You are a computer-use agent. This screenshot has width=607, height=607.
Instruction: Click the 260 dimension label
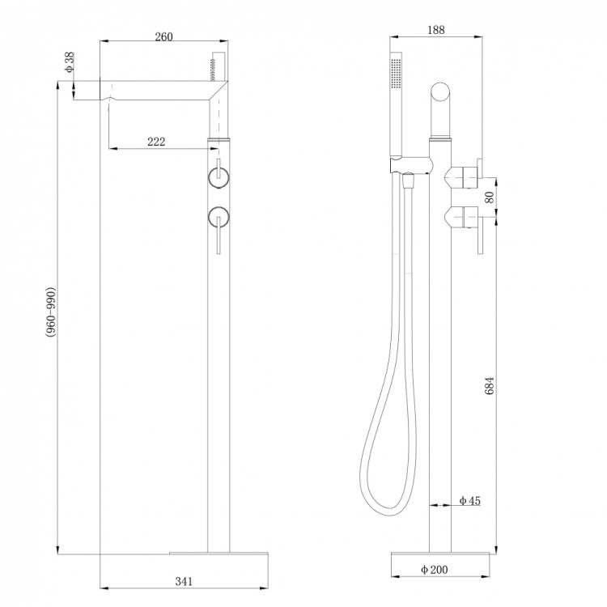[163, 36]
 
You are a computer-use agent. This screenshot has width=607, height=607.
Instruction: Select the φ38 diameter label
[70, 62]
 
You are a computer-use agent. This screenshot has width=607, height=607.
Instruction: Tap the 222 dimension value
[156, 142]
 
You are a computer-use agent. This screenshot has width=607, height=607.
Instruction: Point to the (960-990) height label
[51, 312]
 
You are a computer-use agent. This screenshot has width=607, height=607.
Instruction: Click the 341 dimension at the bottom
[184, 581]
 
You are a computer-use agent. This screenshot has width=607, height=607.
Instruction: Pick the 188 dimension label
[436, 30]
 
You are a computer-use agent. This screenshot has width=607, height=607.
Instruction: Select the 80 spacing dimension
[490, 197]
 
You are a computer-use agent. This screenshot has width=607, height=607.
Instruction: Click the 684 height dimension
[490, 385]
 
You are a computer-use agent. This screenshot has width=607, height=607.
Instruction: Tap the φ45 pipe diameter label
[469, 500]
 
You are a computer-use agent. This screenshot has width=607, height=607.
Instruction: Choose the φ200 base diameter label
[434, 570]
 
